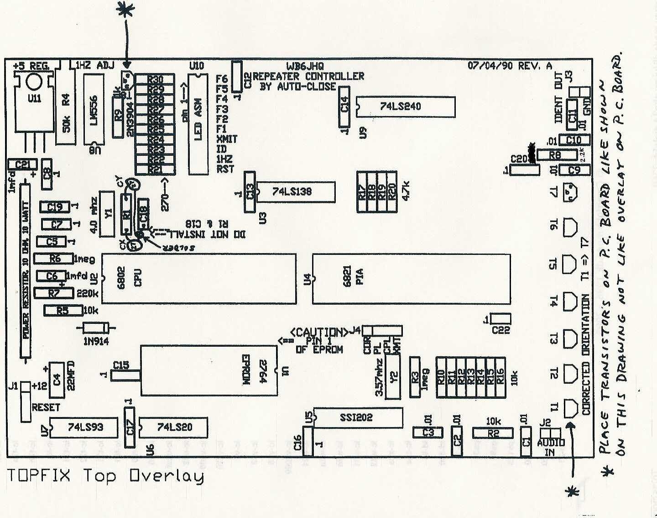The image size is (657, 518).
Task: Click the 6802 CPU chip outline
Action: pos(198,279)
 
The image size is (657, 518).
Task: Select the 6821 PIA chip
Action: pos(411,279)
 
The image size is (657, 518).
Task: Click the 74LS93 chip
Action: pos(85,428)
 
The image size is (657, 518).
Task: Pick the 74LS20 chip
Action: pos(173,428)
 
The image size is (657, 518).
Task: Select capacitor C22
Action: pos(501,319)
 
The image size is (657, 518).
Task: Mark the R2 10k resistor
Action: pos(493,433)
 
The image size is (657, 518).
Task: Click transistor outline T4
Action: pos(570,301)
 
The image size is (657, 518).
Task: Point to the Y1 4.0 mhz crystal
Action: pos(107,214)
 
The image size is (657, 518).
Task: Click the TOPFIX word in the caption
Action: pos(39,476)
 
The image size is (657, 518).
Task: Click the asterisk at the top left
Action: pos(125,10)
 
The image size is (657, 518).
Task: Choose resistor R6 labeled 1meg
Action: pos(54,259)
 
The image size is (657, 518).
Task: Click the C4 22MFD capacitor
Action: pos(56,379)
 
